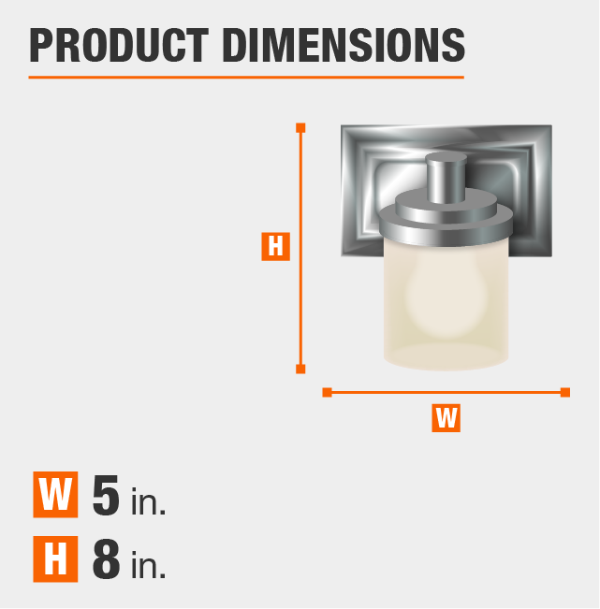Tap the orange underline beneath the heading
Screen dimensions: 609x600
[246, 77]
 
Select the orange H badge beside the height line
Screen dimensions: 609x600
[275, 246]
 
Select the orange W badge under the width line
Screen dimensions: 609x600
[446, 417]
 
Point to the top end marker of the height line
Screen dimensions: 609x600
[300, 127]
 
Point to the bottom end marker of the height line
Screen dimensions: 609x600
[300, 369]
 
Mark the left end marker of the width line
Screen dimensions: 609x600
[327, 392]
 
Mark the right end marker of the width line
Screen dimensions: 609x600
[565, 392]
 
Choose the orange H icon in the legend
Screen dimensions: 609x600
[54, 560]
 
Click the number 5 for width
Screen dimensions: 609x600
[106, 495]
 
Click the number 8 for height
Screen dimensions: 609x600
[106, 560]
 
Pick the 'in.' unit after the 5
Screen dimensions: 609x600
[148, 501]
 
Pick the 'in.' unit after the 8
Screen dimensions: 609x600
[148, 567]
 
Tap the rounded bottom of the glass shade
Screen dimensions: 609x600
[446, 356]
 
